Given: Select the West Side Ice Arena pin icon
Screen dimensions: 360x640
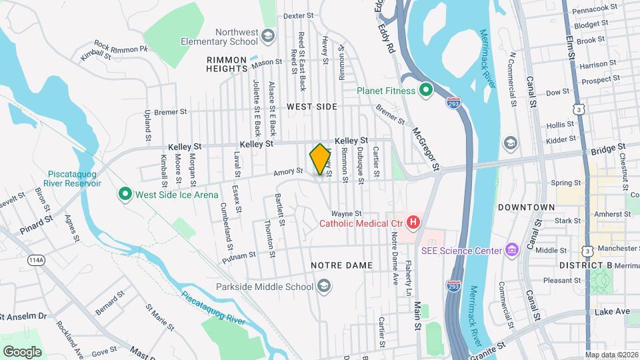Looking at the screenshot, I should pyautogui.click(x=125, y=195).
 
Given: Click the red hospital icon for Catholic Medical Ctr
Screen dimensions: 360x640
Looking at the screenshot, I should pyautogui.click(x=413, y=222).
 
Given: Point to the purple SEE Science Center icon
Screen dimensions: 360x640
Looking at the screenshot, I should pyautogui.click(x=511, y=251).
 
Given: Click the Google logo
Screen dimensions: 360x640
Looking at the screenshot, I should pyautogui.click(x=22, y=351).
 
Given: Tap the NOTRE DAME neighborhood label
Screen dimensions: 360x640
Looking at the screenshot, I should pyautogui.click(x=341, y=265).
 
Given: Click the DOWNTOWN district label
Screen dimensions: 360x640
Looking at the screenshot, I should pyautogui.click(x=526, y=207).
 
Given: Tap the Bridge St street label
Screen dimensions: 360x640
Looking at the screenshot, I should pyautogui.click(x=608, y=149).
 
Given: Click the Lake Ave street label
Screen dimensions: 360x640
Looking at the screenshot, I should pyautogui.click(x=612, y=311).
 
